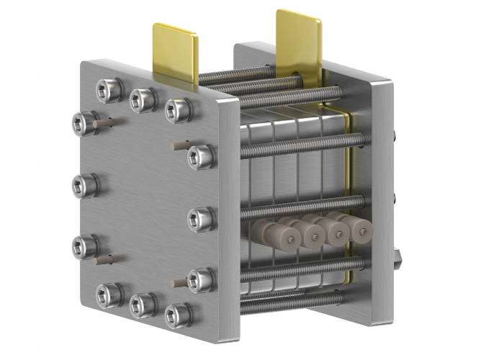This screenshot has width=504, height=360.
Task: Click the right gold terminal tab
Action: pyautogui.click(x=299, y=40)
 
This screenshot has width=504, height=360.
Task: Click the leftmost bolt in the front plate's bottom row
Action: pyautogui.click(x=109, y=293)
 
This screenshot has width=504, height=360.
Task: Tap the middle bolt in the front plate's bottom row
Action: pyautogui.click(x=141, y=305)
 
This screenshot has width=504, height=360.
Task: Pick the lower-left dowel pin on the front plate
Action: pyautogui.click(x=105, y=257)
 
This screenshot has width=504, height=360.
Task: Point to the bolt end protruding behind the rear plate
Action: pyautogui.click(x=397, y=256)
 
